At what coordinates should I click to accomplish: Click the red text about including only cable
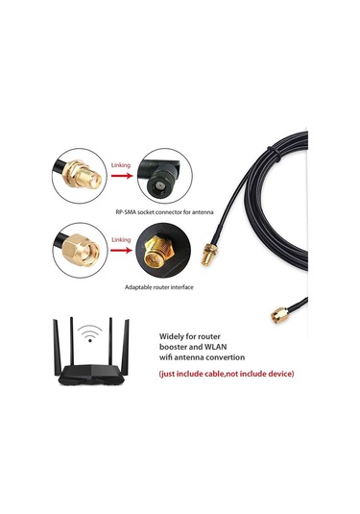pyautogui.click(x=227, y=373)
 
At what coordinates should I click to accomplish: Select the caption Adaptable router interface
pyautogui.click(x=164, y=286)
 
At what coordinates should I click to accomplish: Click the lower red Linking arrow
pyautogui.click(x=120, y=246)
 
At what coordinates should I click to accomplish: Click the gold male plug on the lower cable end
pyautogui.click(x=275, y=312)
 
